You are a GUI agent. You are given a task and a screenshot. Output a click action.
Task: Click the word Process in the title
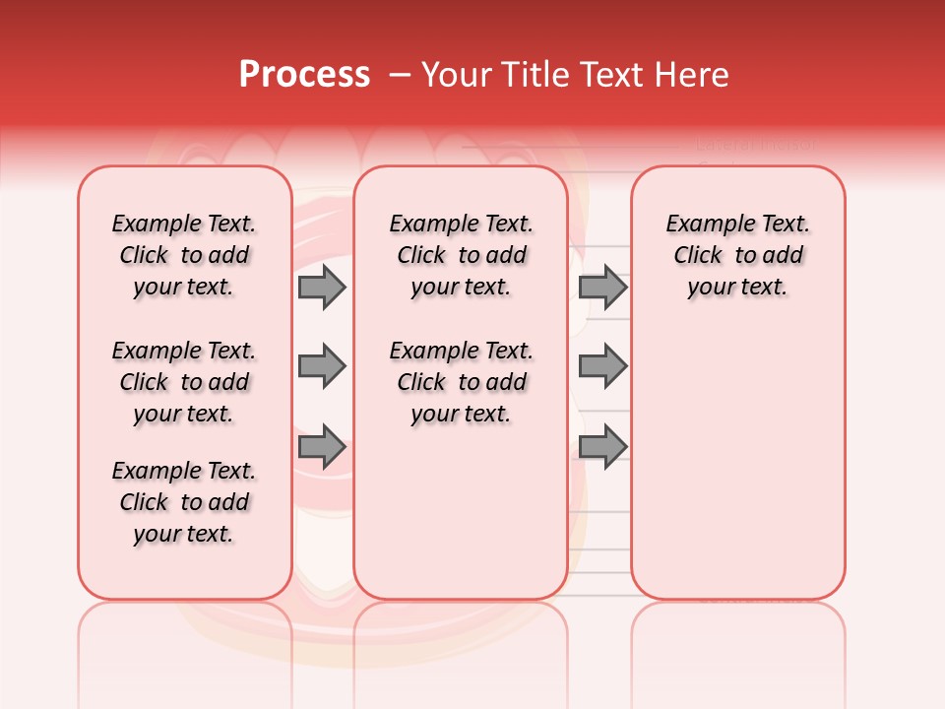point(304,75)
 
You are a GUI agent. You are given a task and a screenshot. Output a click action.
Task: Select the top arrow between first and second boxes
point(322,288)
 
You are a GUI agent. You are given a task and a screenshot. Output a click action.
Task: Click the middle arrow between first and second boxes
point(322,367)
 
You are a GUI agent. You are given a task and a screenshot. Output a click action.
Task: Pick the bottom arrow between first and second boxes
point(322,447)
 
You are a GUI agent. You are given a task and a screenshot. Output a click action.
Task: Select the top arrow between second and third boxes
point(602,288)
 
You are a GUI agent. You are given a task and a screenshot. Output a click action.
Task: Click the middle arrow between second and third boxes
point(602,367)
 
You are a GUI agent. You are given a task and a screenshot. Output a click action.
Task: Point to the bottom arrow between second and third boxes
point(602,447)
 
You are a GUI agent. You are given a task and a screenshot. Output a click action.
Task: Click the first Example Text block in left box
point(184,255)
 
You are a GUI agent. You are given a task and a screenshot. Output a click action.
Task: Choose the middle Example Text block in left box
point(184,382)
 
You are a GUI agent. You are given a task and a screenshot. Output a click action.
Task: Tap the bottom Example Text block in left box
point(184,502)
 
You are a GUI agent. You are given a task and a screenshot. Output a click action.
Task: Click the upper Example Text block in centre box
point(462,255)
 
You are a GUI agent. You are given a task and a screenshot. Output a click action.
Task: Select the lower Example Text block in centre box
point(462,382)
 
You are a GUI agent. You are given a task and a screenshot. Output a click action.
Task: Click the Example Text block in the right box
point(738,255)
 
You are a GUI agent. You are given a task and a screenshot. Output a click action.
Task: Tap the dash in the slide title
point(399,75)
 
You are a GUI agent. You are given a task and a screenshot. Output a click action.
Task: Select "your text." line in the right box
point(738,288)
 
